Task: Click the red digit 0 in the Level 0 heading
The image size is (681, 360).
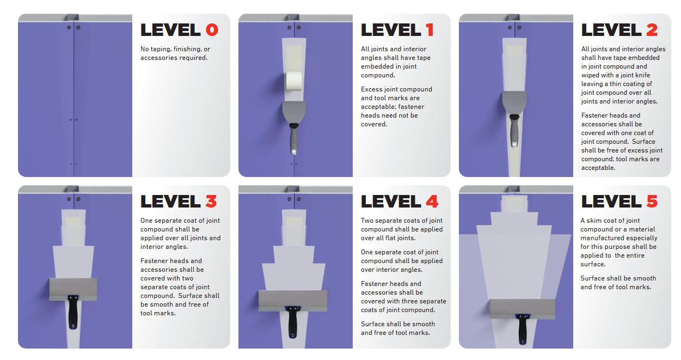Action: [212, 30]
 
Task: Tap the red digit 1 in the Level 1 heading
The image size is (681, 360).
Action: [430, 30]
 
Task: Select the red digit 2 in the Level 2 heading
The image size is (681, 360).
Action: [652, 30]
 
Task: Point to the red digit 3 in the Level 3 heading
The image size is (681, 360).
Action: [211, 202]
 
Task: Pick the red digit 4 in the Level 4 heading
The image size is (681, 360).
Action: [432, 202]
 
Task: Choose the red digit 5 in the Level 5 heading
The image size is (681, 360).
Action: [652, 202]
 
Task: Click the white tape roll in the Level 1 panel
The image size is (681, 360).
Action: [294, 81]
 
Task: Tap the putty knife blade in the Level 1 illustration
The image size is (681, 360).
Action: [294, 112]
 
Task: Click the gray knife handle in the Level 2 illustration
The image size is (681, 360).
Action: [514, 131]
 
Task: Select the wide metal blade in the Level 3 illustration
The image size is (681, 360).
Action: [73, 289]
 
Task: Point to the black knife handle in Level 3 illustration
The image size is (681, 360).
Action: [73, 312]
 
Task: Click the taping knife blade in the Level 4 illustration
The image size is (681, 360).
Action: [293, 301]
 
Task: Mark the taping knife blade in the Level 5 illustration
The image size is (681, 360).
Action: [522, 309]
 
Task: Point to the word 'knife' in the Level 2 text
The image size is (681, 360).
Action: [642, 75]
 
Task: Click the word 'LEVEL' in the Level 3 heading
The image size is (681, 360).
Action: [170, 202]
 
